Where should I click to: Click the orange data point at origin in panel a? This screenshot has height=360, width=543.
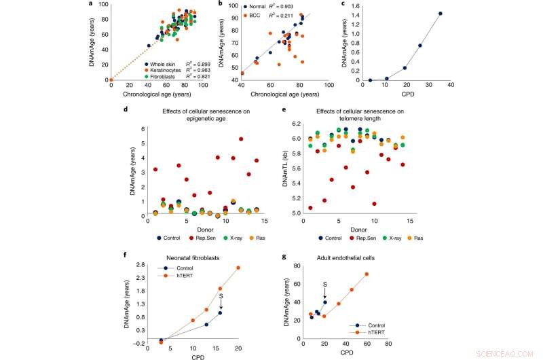[111, 79]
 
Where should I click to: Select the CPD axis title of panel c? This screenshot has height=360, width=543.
[411, 94]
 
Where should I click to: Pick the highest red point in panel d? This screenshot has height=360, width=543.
[241, 139]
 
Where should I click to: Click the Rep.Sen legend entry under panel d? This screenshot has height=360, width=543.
[202, 238]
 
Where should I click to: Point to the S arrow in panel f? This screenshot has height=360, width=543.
[221, 299]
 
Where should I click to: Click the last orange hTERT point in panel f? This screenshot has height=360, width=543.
[238, 268]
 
